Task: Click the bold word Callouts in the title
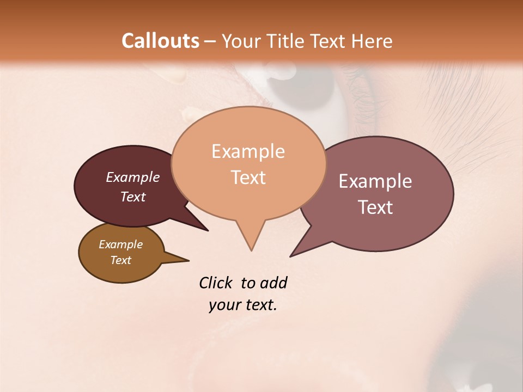coord(160,41)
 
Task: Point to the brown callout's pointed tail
coord(183,260)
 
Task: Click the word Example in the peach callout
coord(248,151)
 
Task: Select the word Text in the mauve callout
coord(375,207)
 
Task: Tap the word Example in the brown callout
coord(120,244)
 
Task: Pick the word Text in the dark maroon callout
coord(132,197)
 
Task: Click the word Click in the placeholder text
coord(217,283)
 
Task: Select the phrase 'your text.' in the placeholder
coord(242,305)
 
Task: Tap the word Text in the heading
coord(330,41)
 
